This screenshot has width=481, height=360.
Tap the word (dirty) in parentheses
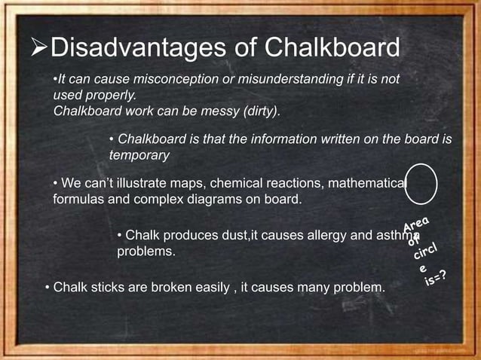257,111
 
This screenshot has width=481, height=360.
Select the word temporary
140,155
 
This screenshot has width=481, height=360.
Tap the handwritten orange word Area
417,224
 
